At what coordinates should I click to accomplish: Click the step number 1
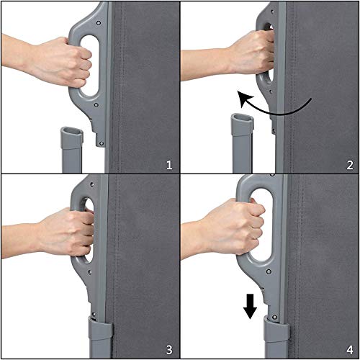click(x=169, y=165)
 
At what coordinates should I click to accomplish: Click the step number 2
click(x=350, y=165)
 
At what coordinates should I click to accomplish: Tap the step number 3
click(x=169, y=350)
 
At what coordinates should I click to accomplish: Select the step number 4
click(x=350, y=350)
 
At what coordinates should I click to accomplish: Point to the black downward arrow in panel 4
click(x=250, y=307)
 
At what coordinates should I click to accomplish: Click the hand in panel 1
click(x=60, y=61)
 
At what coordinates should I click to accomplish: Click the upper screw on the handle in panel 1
click(x=99, y=23)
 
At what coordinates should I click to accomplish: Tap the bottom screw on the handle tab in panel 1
click(x=102, y=143)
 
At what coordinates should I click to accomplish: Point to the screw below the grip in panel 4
click(x=269, y=271)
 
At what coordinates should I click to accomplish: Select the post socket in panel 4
click(x=276, y=329)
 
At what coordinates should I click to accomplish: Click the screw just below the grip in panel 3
click(x=90, y=272)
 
